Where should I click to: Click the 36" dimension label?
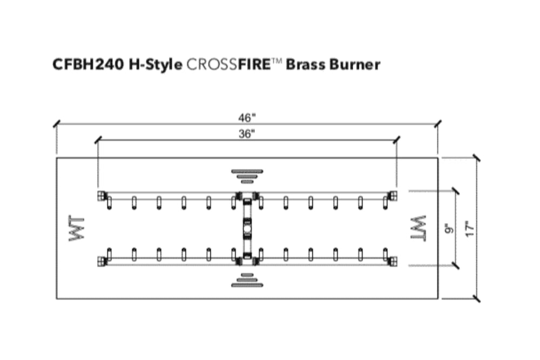click(247, 135)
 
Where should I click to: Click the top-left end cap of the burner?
click(100, 195)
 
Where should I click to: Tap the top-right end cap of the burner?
click(393, 195)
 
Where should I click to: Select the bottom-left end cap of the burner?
click(100, 262)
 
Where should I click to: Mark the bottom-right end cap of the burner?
click(393, 262)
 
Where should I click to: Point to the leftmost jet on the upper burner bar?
click(110, 202)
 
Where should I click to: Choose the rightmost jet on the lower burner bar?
click(385, 253)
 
